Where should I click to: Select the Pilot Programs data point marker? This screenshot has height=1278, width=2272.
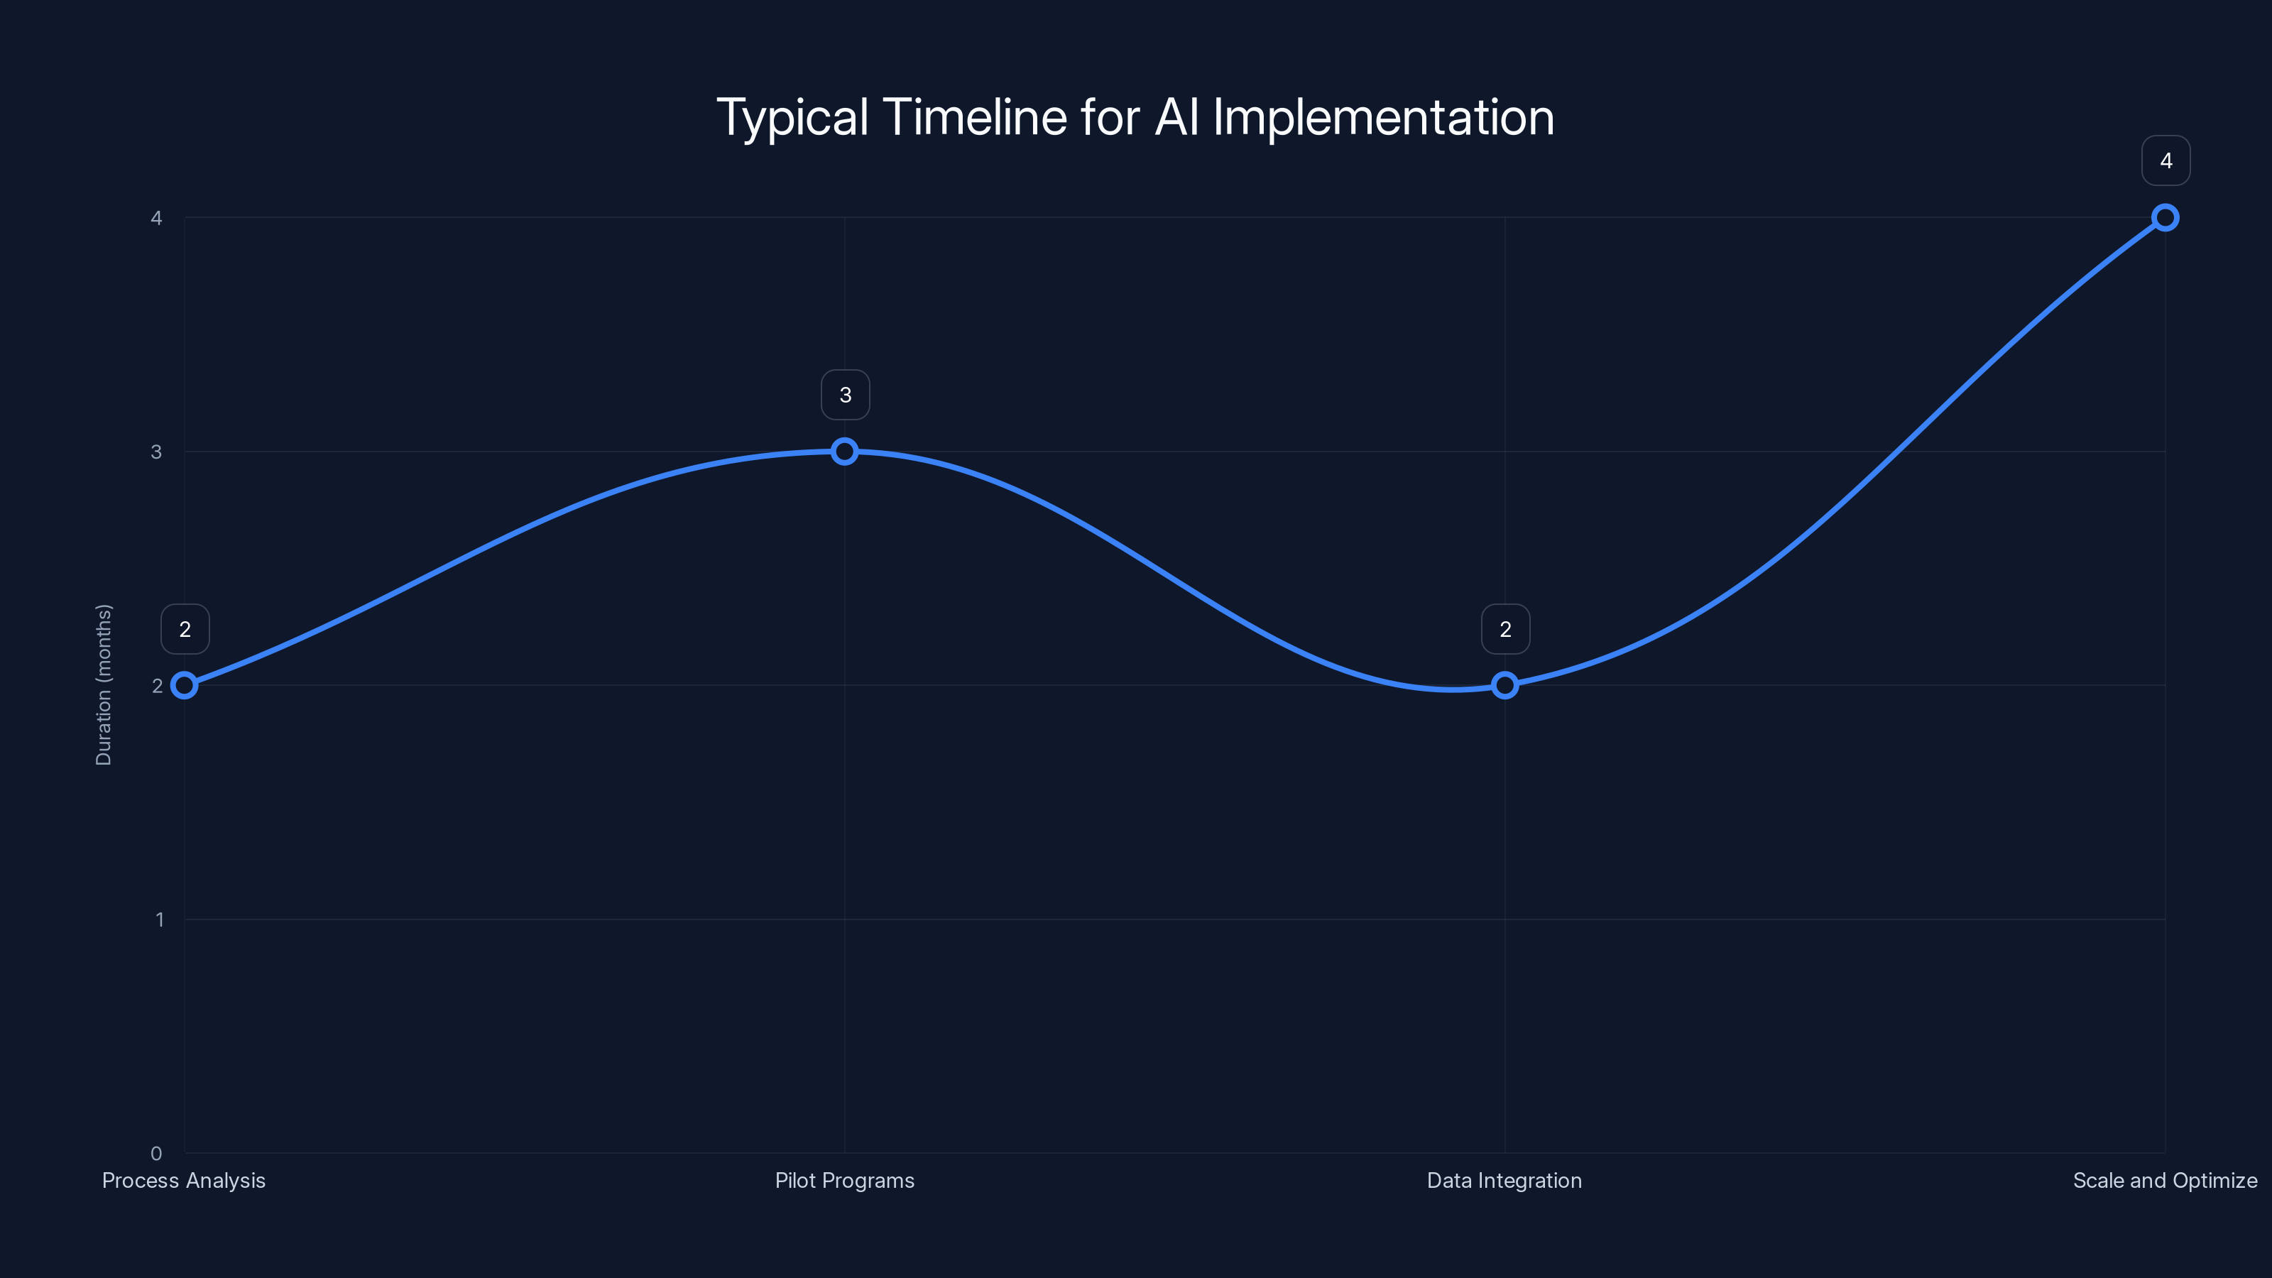(x=844, y=452)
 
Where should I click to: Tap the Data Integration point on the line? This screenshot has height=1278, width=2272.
(x=1504, y=685)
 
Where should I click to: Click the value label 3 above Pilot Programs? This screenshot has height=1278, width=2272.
(x=845, y=395)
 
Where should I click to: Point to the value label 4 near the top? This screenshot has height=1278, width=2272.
(x=2165, y=160)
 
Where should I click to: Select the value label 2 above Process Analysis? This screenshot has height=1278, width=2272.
(x=185, y=629)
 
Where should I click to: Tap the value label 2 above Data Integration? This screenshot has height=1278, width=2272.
(x=1505, y=629)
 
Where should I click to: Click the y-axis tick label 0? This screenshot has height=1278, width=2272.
(x=156, y=1153)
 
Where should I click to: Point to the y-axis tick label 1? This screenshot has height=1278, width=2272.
(x=160, y=919)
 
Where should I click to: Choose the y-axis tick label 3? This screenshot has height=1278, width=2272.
(x=156, y=452)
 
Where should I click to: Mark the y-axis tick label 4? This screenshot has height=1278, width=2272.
(x=156, y=218)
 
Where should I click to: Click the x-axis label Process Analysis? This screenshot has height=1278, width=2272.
(x=183, y=1180)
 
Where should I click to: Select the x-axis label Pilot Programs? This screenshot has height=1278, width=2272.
(x=844, y=1180)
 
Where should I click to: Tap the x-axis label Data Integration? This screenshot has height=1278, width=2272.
(x=1504, y=1180)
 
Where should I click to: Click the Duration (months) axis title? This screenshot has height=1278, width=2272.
(x=104, y=684)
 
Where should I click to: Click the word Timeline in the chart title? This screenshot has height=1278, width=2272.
(x=975, y=117)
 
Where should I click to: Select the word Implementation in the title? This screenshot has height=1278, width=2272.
(x=1383, y=117)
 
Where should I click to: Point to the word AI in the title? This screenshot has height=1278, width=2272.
(x=1176, y=117)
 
